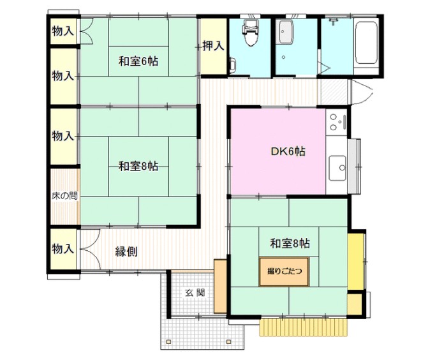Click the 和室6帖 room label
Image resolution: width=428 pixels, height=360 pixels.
point(138,62)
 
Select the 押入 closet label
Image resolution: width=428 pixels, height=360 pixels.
point(213,46)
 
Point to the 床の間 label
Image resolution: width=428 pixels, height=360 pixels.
point(64,196)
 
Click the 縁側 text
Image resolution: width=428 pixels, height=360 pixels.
point(127,251)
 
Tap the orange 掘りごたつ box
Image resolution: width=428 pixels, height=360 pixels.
point(281,271)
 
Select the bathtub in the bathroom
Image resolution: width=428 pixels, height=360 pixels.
point(365,43)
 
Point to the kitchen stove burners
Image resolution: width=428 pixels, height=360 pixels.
point(337,123)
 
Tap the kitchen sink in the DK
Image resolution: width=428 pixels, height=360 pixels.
point(337,169)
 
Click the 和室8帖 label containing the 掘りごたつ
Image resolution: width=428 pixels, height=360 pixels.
point(290,243)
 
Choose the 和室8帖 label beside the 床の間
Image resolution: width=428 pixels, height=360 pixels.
point(138,167)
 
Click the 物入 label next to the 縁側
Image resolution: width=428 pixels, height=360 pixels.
point(63,248)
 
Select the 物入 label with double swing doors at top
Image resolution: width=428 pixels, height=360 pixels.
point(63,31)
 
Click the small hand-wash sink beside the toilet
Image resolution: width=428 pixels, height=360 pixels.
point(232,64)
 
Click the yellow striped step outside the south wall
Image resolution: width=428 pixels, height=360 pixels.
point(305,326)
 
